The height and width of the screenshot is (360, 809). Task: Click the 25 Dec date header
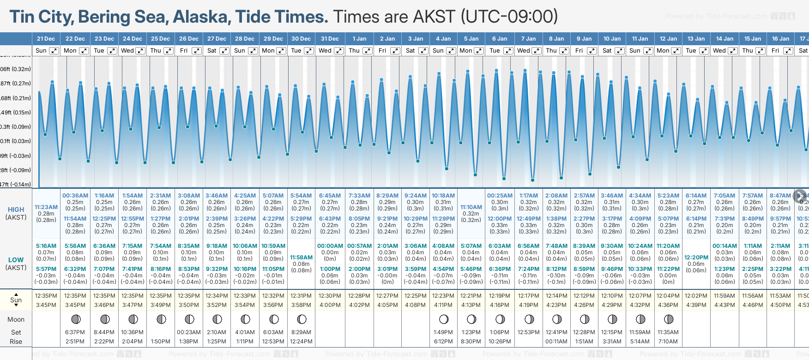pos(160,39)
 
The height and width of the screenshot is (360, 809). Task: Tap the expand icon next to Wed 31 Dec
pos(338,51)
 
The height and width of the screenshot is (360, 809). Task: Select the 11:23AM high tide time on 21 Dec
pos(46,207)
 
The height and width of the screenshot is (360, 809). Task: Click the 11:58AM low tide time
pos(301,258)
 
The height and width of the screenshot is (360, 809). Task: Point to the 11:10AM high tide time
pos(471,207)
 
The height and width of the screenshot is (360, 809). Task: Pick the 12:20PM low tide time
pos(696,258)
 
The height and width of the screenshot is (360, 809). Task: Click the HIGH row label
pos(16,210)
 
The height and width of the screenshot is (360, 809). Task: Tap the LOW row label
pos(16,260)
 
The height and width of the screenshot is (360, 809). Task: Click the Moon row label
pos(16,319)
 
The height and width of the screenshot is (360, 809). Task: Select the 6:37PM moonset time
pos(75,332)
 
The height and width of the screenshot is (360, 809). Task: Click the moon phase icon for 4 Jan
pos(444,319)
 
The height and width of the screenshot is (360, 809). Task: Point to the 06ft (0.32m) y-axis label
pos(15,69)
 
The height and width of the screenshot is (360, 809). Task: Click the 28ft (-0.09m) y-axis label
pos(15,170)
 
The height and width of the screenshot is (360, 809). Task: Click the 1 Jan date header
pos(359,39)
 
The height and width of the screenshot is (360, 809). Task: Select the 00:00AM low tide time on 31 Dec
pos(330,246)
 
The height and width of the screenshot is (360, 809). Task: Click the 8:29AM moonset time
pos(301,332)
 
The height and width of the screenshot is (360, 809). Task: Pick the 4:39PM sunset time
pos(696,305)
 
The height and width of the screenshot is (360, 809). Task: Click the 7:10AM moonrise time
pos(668,342)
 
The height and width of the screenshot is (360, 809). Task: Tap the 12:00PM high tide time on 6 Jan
pos(500,219)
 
